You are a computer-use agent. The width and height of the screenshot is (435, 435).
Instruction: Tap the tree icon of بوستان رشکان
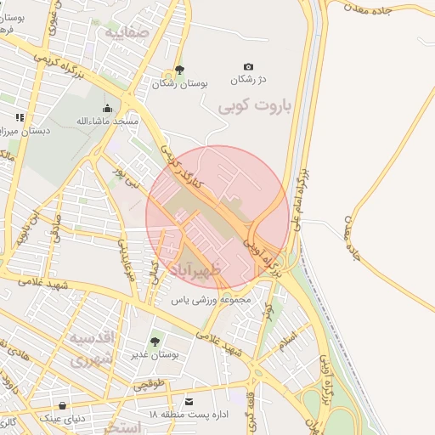click(178, 70)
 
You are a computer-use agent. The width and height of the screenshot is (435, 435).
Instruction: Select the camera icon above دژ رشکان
click(248, 66)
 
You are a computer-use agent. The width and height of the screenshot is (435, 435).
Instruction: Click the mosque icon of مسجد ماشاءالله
click(107, 108)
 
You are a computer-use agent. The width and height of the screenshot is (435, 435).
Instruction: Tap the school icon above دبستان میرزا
click(20, 117)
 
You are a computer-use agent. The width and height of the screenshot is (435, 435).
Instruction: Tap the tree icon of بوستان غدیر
click(155, 342)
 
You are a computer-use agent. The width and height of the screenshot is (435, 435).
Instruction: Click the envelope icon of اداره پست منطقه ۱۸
click(189, 401)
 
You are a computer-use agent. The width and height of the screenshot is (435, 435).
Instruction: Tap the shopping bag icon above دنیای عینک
click(62, 405)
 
